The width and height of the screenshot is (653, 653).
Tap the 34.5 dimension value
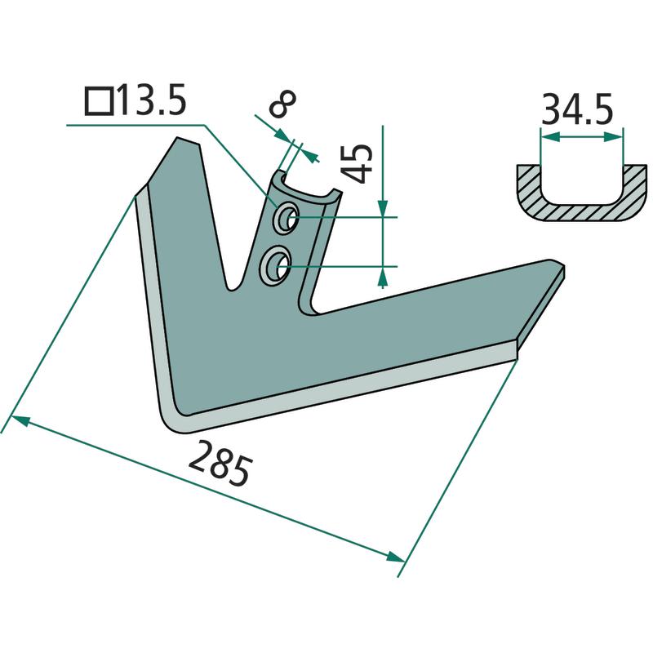(x=578, y=111)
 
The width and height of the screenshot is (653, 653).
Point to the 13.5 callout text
(x=151, y=101)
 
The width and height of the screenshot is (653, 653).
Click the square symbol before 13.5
(x=99, y=102)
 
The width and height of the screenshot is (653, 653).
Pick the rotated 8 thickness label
(x=282, y=104)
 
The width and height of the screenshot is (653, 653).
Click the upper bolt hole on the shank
(x=285, y=217)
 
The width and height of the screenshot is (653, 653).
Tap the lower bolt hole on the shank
(x=275, y=265)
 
